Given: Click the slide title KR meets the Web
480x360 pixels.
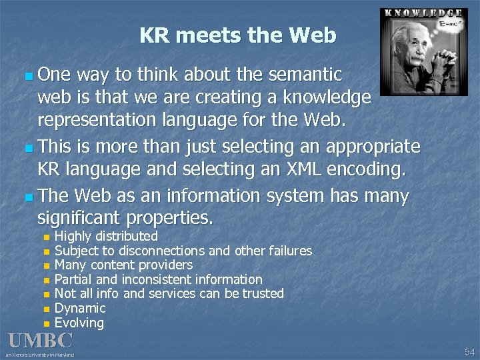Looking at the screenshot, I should pos(238,35).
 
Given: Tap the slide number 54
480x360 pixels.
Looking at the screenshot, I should pos(469,351).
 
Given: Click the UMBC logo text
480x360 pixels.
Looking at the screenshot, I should pos(40,341).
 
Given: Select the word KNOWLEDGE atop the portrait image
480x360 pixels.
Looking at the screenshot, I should pos(423,13).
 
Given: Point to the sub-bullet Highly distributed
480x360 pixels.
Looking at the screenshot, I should pos(106,236).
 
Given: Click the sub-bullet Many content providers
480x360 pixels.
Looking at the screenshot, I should pos(123,265).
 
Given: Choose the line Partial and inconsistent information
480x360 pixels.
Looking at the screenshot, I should pos(158,279).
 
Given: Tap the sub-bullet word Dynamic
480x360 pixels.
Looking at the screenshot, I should pos(80,308).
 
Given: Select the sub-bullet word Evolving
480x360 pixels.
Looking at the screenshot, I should pos(79,323).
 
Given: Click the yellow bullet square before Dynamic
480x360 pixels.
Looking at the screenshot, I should pos(45,309).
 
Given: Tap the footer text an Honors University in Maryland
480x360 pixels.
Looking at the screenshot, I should pos(40,355).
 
